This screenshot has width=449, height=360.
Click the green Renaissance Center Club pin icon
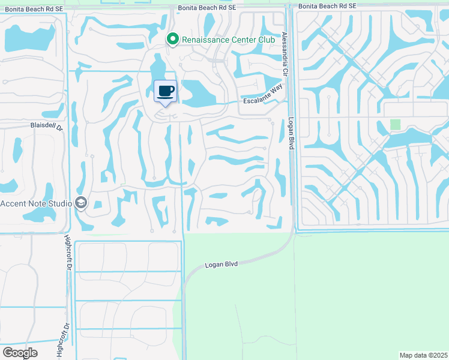coord(173,40)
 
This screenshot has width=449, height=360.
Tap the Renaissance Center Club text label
coord(228,40)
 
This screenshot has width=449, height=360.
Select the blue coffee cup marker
coord(166,92)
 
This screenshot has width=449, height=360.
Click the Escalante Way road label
coord(263,95)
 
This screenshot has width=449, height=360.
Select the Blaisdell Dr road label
coord(46,126)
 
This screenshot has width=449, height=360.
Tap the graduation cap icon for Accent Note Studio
coord(81,203)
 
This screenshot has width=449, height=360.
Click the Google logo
coord(19,352)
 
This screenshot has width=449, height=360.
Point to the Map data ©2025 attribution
coord(423,355)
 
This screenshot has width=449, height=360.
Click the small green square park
coord(395,124)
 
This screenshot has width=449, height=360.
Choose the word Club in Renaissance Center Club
coord(266,40)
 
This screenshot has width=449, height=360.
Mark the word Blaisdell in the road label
coord(42,126)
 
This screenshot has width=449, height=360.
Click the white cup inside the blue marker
coord(165,91)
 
